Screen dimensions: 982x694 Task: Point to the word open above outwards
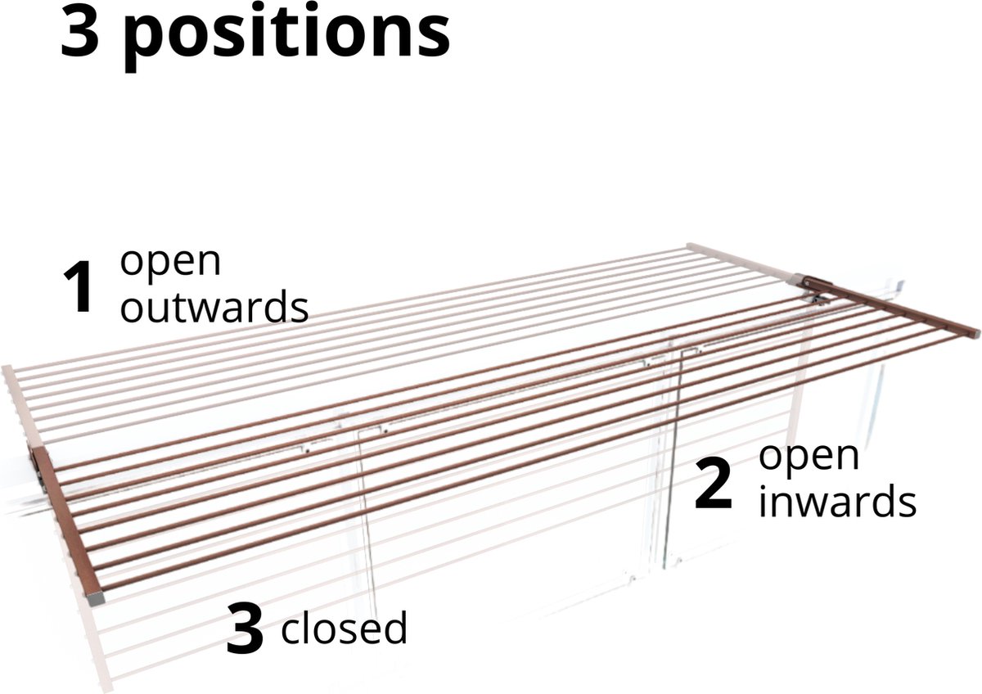pyautogui.click(x=170, y=262)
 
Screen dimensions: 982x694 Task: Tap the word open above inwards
pyautogui.click(x=809, y=457)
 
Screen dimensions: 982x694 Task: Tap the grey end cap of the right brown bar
pyautogui.click(x=973, y=332)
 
